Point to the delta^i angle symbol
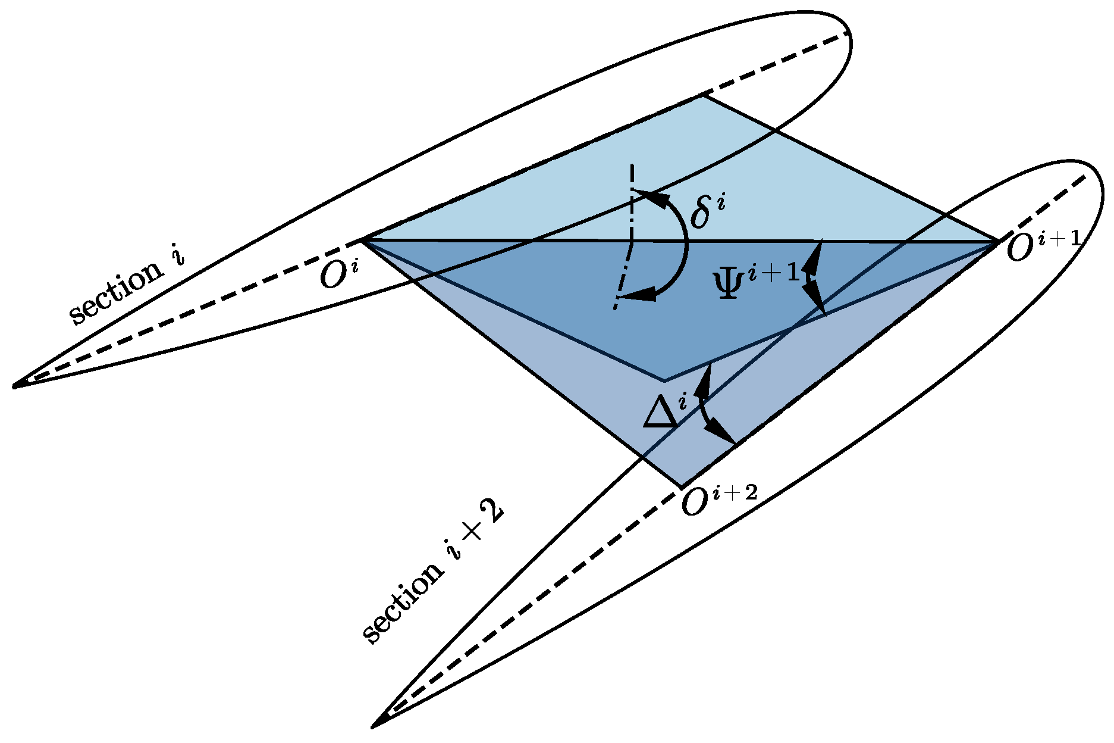(707, 212)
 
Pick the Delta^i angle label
(666, 411)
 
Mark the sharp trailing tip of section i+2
(373, 726)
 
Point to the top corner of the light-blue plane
(704, 95)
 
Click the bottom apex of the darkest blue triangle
(664, 380)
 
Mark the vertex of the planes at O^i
(363, 239)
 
